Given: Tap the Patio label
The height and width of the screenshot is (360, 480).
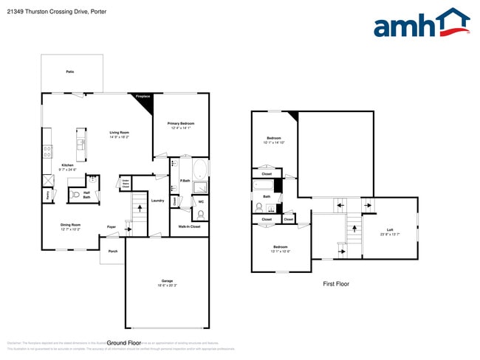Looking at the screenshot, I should pos(69,72).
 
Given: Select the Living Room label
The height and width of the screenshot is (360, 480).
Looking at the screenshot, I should pos(120,133).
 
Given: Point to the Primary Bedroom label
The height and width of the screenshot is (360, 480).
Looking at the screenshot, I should pos(181,123).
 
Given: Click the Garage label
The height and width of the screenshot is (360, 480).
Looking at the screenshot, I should pos(168,280).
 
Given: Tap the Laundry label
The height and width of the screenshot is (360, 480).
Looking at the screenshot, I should pos(157,200).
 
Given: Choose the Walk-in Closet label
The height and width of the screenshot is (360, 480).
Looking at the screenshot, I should pos(190,226).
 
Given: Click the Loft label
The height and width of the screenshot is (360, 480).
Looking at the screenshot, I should pos(390,230).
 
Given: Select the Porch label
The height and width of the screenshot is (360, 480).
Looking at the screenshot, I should pos(113,251).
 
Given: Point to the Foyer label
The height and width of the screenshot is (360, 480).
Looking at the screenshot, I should pos(112,226).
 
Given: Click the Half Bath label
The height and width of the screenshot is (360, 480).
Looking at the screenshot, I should pos(86,195).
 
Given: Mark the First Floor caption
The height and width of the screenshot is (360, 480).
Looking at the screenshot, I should pos(336,283).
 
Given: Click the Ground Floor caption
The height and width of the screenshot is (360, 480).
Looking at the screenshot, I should pos(123,343).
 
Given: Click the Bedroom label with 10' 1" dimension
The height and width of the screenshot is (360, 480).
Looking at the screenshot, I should pos(274,138).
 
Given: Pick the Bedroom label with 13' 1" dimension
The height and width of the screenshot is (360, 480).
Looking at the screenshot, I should pos(281,247).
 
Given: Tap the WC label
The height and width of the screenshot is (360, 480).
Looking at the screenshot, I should pos(201,201).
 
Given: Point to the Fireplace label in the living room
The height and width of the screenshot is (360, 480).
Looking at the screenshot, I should pos(143,97).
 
